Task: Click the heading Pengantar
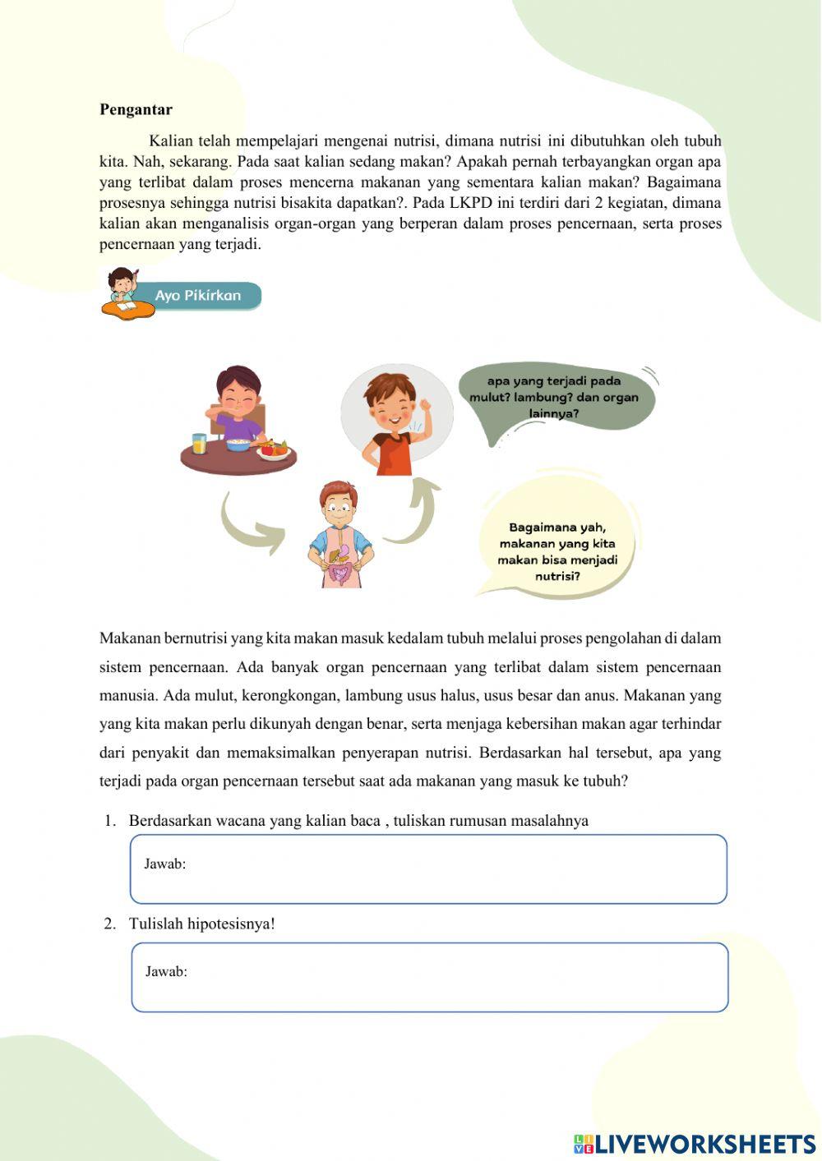coord(136,109)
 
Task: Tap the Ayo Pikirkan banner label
coord(198,296)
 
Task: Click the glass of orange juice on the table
coord(199,444)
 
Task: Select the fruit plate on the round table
coord(273,449)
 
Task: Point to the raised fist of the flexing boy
coord(425,408)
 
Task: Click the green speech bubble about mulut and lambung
coord(554,397)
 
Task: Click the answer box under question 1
coord(428,869)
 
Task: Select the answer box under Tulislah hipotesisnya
coord(429,977)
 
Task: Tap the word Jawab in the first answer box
coord(164,864)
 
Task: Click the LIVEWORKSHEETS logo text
coord(704,1144)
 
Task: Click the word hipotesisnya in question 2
coord(230,924)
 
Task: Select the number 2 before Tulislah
coord(109,924)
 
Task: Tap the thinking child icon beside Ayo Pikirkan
coord(123,289)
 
